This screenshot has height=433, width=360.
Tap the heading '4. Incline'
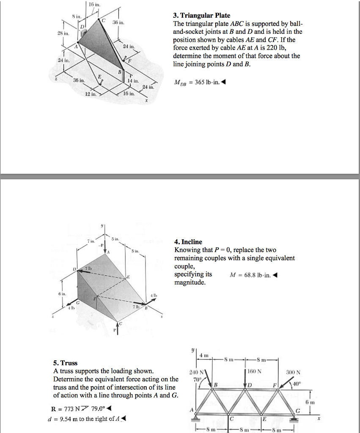click(x=188, y=242)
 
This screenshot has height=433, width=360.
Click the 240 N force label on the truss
click(x=196, y=373)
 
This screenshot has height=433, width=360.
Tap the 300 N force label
click(x=292, y=373)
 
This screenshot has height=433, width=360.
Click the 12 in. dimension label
click(x=91, y=94)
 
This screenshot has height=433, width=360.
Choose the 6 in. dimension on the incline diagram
click(x=63, y=293)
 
